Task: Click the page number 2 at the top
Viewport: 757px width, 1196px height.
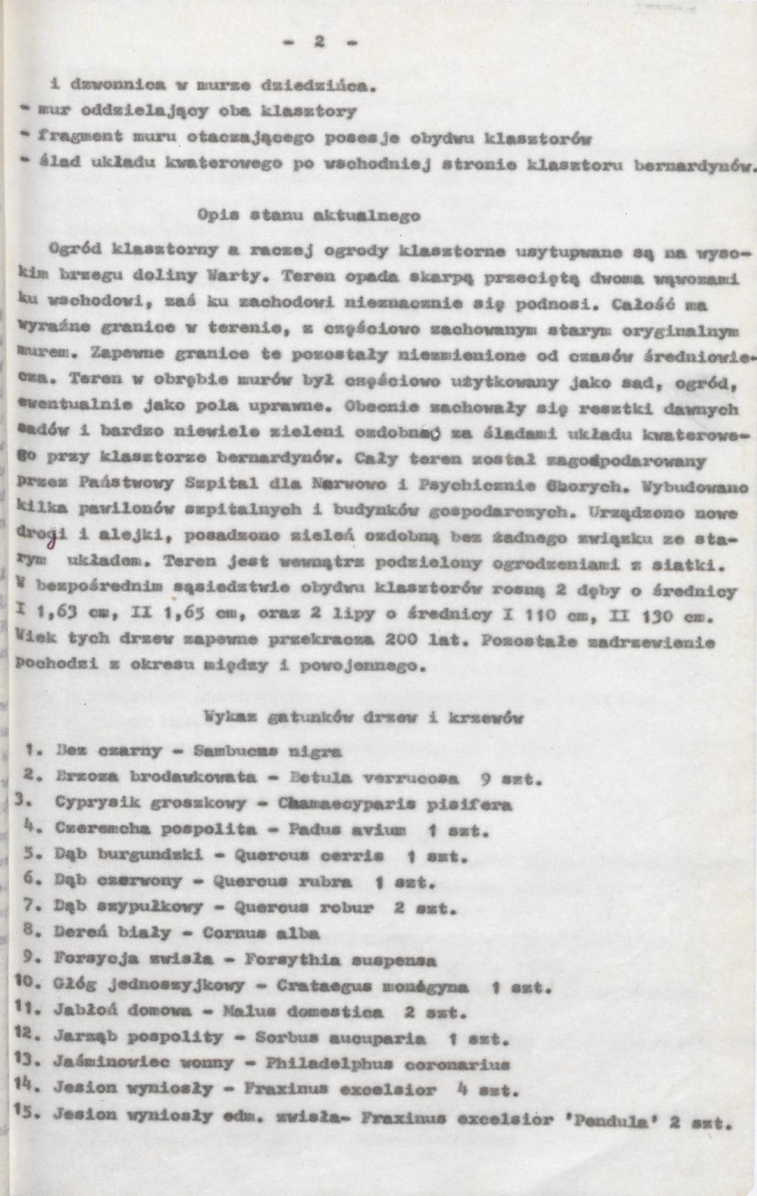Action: coord(320,42)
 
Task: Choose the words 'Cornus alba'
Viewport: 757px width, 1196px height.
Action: coord(260,934)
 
